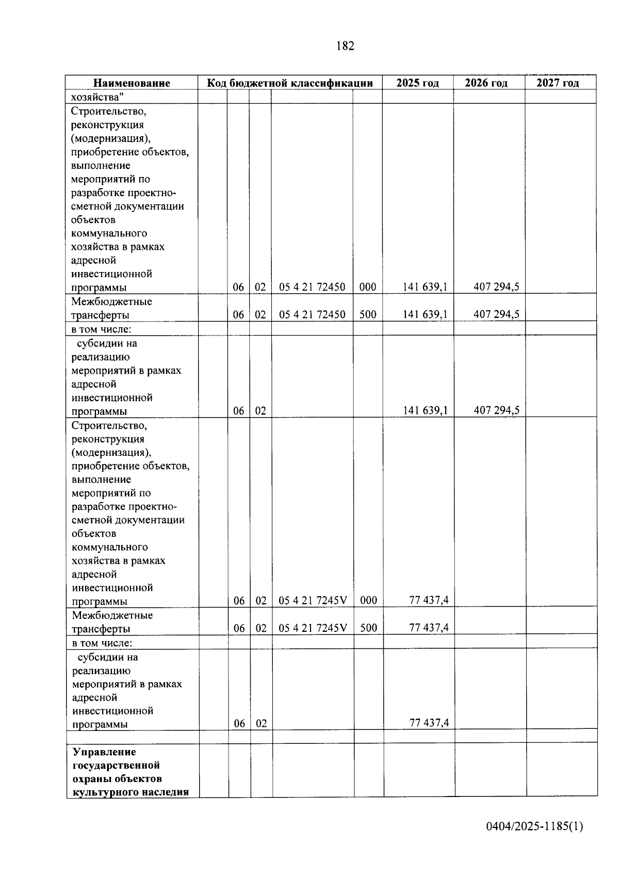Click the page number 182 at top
click(x=345, y=46)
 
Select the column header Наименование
click(x=132, y=83)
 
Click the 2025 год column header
click(x=417, y=83)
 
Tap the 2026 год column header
click(x=486, y=83)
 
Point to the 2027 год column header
click(x=558, y=83)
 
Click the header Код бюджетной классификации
click(x=290, y=83)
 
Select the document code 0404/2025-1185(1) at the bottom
click(x=534, y=826)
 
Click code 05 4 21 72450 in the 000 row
click(x=312, y=287)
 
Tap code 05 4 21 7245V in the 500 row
click(x=313, y=628)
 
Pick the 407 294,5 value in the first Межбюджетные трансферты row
click(x=496, y=314)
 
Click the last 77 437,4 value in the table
click(x=429, y=723)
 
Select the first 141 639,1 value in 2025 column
click(x=425, y=287)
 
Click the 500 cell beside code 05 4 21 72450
click(x=368, y=314)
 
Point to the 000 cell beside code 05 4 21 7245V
click(x=368, y=600)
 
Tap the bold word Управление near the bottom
click(x=104, y=752)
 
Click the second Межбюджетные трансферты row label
click(x=112, y=622)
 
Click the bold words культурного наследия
click(x=130, y=792)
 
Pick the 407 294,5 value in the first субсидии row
click(x=496, y=411)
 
